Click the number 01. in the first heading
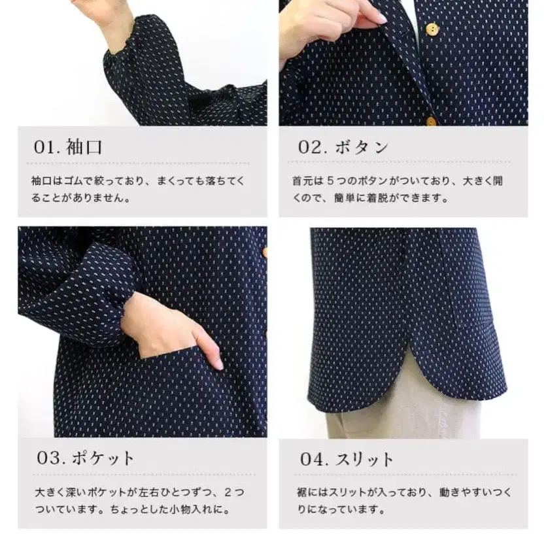(46, 147)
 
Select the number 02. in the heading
(312, 147)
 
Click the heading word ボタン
(362, 147)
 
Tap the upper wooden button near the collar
(432, 29)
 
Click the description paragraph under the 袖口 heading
(141, 188)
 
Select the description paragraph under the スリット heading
(403, 500)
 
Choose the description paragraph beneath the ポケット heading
(141, 500)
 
